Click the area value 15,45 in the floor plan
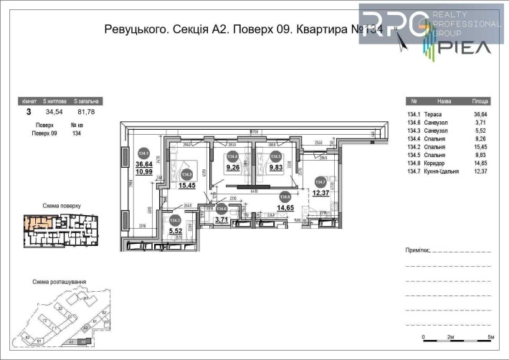[x=177, y=185]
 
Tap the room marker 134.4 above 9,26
[x=232, y=156]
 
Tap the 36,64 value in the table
[x=480, y=115]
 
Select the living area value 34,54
[x=54, y=113]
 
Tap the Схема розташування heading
[x=60, y=283]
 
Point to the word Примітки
[x=419, y=252]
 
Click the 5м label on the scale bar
[x=490, y=336]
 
